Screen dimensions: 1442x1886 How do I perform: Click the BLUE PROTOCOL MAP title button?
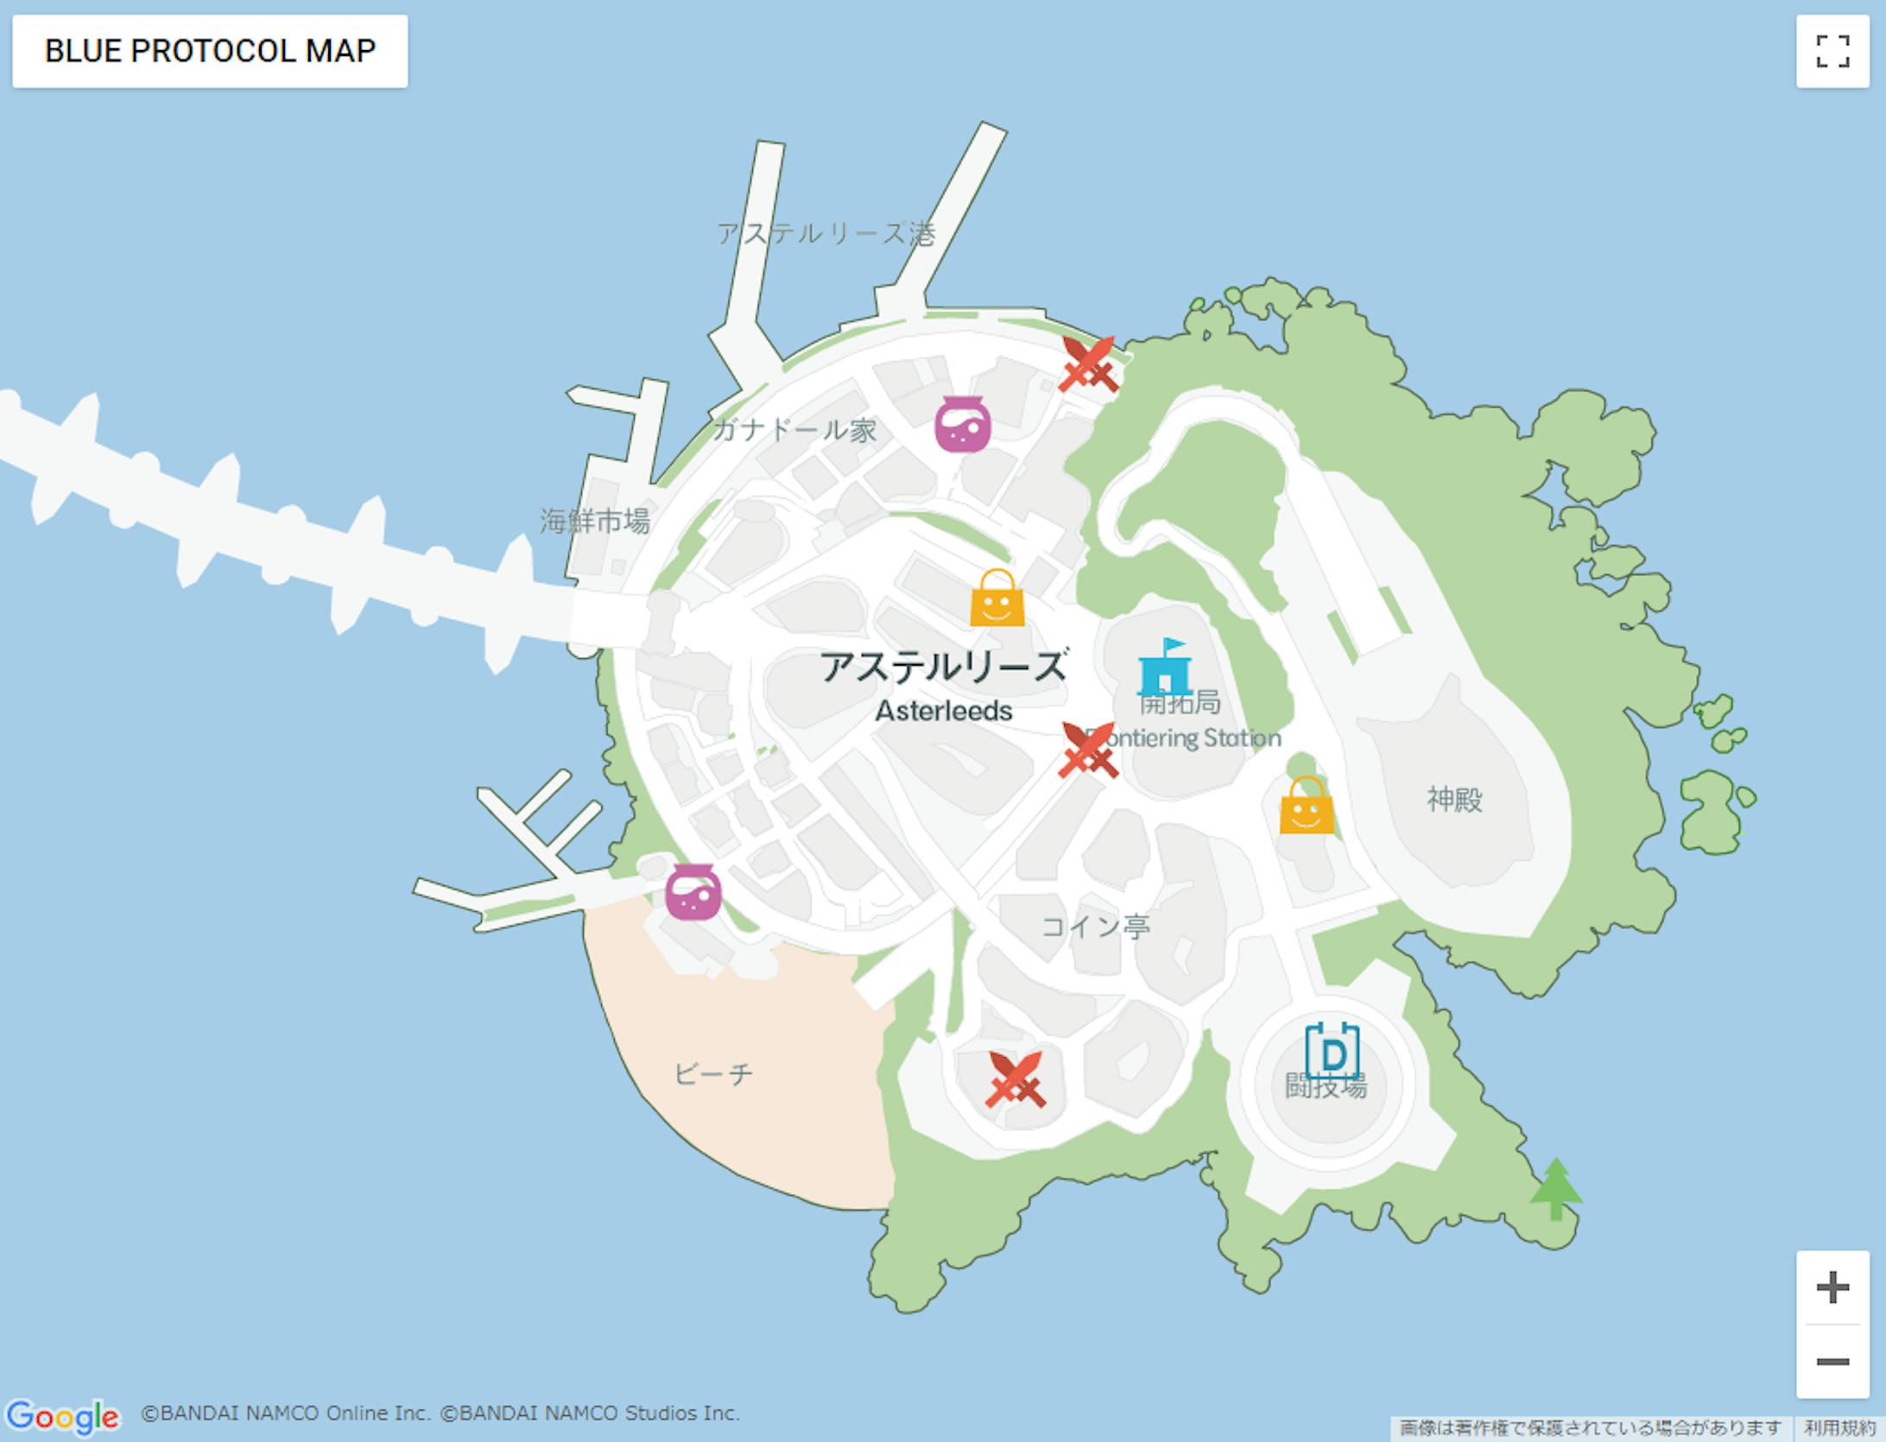click(x=210, y=51)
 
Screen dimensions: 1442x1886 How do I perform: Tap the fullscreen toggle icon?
click(x=1832, y=51)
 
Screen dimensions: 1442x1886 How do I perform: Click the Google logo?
click(x=62, y=1416)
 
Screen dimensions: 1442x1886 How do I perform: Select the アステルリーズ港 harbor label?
click(x=826, y=233)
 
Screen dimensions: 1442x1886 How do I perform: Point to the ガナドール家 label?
click(x=794, y=429)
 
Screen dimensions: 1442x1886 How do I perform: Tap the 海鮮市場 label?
click(x=594, y=521)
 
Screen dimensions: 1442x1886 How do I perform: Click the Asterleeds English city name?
click(x=943, y=711)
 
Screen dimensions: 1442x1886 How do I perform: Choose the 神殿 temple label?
click(x=1454, y=800)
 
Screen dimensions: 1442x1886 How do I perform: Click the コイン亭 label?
click(x=1095, y=927)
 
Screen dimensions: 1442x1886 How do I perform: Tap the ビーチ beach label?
click(x=713, y=1074)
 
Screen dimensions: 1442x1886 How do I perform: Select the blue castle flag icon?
click(x=1165, y=667)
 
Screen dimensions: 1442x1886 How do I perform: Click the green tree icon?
click(x=1555, y=1189)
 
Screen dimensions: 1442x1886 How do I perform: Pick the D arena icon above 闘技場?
click(x=1332, y=1053)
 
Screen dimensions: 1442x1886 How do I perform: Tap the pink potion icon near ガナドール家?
click(x=962, y=424)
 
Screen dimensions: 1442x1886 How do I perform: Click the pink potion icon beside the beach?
click(x=693, y=892)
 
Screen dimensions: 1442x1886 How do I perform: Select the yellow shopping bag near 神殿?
click(x=1306, y=806)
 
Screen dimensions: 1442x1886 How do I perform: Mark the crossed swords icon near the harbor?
click(x=1088, y=364)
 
